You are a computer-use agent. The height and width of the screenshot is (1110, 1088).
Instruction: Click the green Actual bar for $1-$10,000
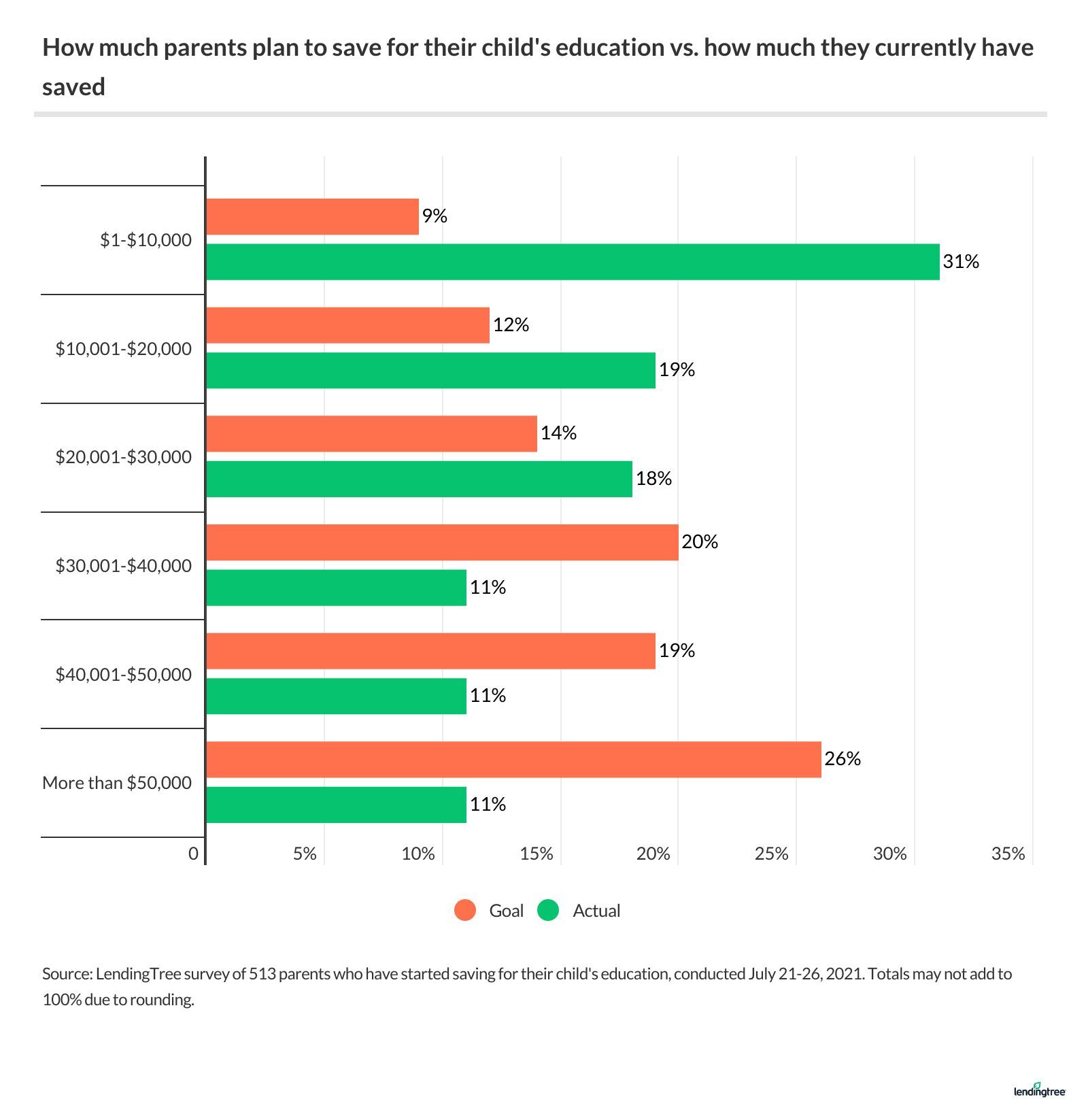pyautogui.click(x=573, y=262)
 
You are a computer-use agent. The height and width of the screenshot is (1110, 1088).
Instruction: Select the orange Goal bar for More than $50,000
pyautogui.click(x=513, y=760)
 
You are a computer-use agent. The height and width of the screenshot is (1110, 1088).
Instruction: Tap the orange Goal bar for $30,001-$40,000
pyautogui.click(x=442, y=543)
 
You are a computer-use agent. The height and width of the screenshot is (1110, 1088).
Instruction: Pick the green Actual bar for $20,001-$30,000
pyautogui.click(x=419, y=479)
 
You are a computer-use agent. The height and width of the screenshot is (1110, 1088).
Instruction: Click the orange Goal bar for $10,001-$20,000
pyautogui.click(x=347, y=325)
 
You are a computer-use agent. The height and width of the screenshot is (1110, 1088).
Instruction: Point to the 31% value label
pyautogui.click(x=961, y=262)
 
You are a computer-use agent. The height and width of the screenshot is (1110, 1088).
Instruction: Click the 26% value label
pyautogui.click(x=843, y=759)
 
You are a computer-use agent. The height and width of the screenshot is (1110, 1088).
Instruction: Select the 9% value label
pyautogui.click(x=435, y=216)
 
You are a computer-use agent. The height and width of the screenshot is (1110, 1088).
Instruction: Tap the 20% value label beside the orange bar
pyautogui.click(x=700, y=542)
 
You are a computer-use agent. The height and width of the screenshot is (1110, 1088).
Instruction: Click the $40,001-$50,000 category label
pyautogui.click(x=123, y=675)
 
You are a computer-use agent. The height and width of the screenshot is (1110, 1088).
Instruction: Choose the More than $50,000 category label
pyautogui.click(x=117, y=783)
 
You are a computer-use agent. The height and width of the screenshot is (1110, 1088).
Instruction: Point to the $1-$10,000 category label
pyautogui.click(x=146, y=240)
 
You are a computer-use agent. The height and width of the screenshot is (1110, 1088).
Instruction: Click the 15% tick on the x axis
pyautogui.click(x=537, y=854)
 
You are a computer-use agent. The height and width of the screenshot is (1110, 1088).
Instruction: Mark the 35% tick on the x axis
pyautogui.click(x=1008, y=854)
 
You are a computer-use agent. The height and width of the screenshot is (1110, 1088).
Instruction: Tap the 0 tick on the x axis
pyautogui.click(x=194, y=854)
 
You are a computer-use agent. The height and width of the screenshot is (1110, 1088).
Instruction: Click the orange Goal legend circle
pyautogui.click(x=465, y=911)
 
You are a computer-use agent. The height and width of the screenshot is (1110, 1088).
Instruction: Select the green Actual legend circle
pyautogui.click(x=548, y=911)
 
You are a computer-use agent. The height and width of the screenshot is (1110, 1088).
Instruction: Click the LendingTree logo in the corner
pyautogui.click(x=1039, y=1090)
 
